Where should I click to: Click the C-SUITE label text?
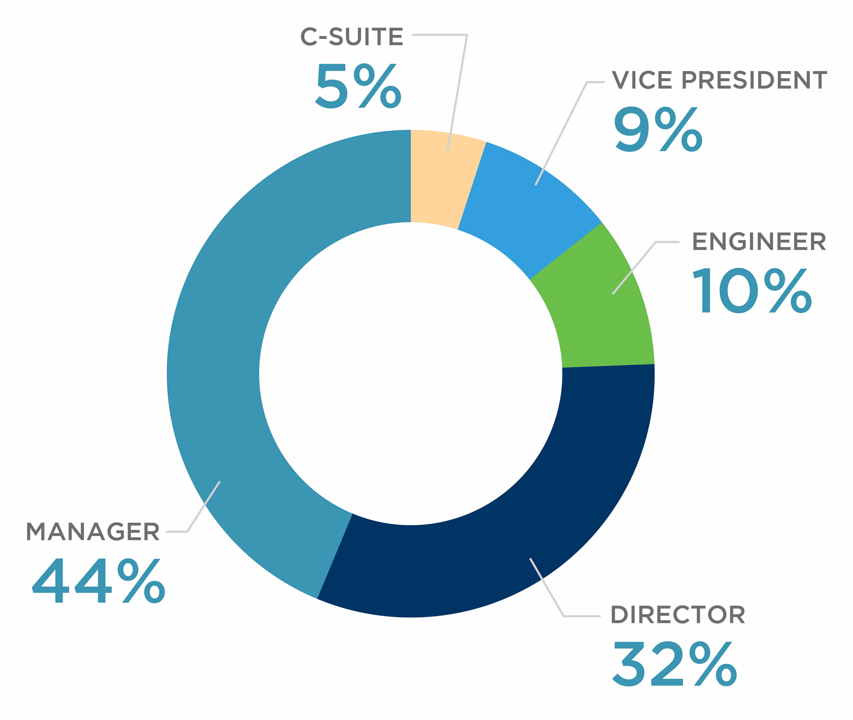(351, 37)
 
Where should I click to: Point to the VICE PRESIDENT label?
(719, 80)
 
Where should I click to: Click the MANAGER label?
(93, 532)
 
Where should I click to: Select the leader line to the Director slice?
(547, 588)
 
